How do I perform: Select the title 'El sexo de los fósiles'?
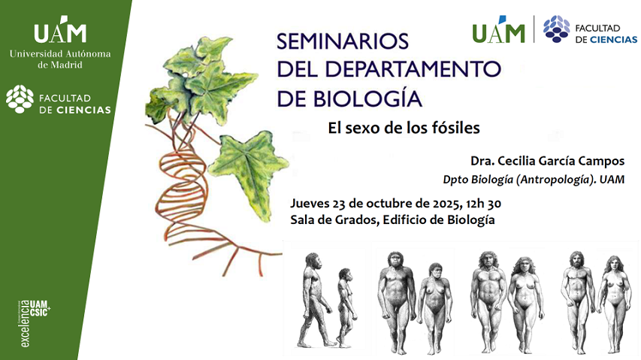click(x=404, y=128)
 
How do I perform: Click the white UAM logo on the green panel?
click(x=60, y=32)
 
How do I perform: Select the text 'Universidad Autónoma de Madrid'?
click(x=60, y=59)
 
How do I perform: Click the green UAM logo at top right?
click(x=498, y=32)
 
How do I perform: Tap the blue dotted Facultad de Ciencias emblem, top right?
click(x=556, y=29)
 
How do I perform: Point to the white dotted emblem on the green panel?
click(x=20, y=99)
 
